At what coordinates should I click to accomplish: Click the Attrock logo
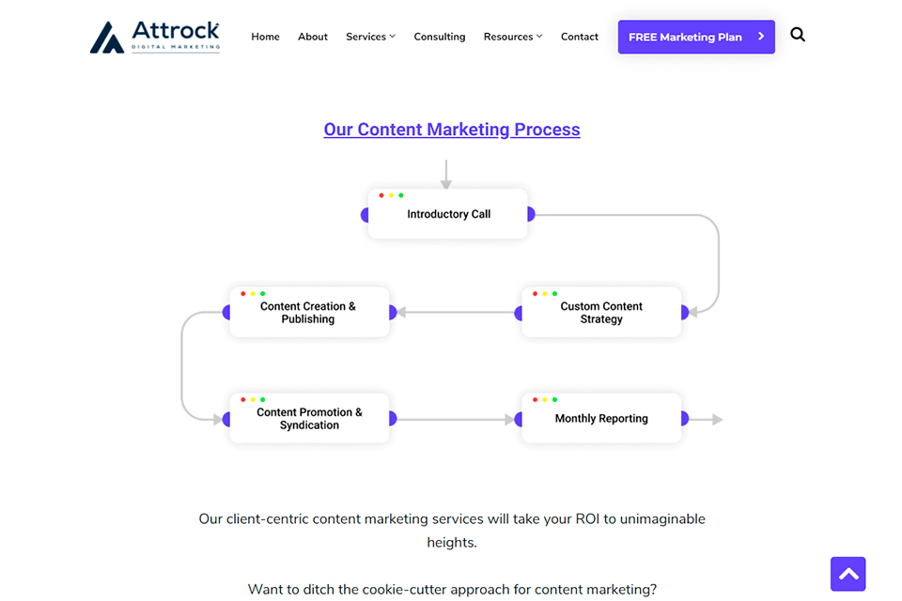tap(155, 38)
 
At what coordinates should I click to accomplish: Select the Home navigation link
tap(265, 37)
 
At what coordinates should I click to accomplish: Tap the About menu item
tap(312, 37)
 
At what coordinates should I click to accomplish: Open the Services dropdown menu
tap(370, 37)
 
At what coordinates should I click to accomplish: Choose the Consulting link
tap(440, 37)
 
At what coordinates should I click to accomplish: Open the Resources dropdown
tap(513, 37)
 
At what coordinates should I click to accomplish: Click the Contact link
tap(580, 37)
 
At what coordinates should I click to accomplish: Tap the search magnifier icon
tap(798, 35)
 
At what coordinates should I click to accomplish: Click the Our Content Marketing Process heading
tap(452, 130)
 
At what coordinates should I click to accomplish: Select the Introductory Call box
tap(447, 214)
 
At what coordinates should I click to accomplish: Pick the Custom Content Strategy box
tap(601, 313)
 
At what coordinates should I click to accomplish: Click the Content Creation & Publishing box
tap(309, 313)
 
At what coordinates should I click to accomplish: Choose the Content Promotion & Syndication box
tap(309, 418)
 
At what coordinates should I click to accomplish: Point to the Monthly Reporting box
tap(601, 418)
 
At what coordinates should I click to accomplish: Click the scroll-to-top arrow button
tap(848, 574)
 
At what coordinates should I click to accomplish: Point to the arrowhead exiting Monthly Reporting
tap(717, 420)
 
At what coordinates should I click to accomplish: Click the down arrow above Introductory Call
tap(445, 175)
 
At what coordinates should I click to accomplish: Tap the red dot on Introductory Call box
tap(381, 195)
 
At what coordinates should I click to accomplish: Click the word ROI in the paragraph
tap(587, 518)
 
